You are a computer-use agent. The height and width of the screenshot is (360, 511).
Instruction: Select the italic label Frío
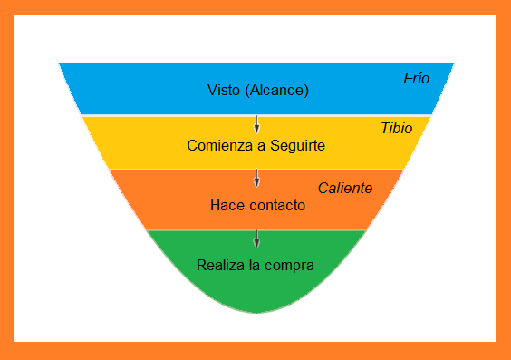click(x=416, y=78)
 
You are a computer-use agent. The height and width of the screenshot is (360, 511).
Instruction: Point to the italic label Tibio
click(x=396, y=129)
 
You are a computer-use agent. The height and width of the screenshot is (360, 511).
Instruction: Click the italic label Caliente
click(x=344, y=188)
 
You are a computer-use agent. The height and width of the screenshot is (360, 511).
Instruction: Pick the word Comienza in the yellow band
click(x=217, y=145)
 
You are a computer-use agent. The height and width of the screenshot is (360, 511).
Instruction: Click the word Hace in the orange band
click(x=226, y=205)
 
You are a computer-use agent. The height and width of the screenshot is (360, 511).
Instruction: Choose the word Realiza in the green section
click(x=219, y=266)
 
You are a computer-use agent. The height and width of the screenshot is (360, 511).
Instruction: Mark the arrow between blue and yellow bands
click(x=256, y=124)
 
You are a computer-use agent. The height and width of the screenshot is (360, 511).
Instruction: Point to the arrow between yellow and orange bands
click(x=256, y=178)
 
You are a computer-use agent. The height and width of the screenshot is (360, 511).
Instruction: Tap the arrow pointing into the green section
click(x=256, y=238)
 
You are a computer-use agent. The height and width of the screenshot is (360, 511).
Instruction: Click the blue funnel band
click(x=136, y=91)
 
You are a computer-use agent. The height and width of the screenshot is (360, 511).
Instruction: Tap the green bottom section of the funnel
click(x=255, y=290)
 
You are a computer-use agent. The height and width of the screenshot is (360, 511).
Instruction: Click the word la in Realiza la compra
click(x=255, y=266)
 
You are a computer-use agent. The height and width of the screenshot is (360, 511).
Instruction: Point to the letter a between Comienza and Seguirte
click(x=260, y=145)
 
